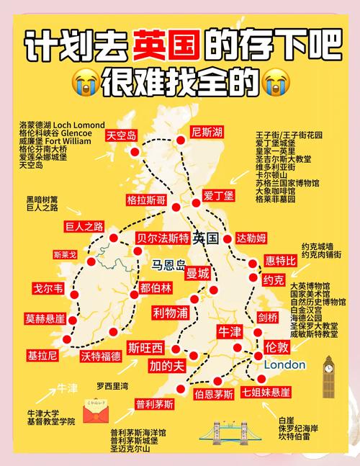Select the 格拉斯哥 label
(145, 199)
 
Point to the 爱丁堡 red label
(219, 194)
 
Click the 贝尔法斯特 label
(163, 238)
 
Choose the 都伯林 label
(156, 287)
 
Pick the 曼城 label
(198, 273)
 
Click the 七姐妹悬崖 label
(266, 393)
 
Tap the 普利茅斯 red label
(155, 405)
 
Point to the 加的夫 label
(167, 365)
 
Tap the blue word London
(285, 364)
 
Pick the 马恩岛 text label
(168, 264)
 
